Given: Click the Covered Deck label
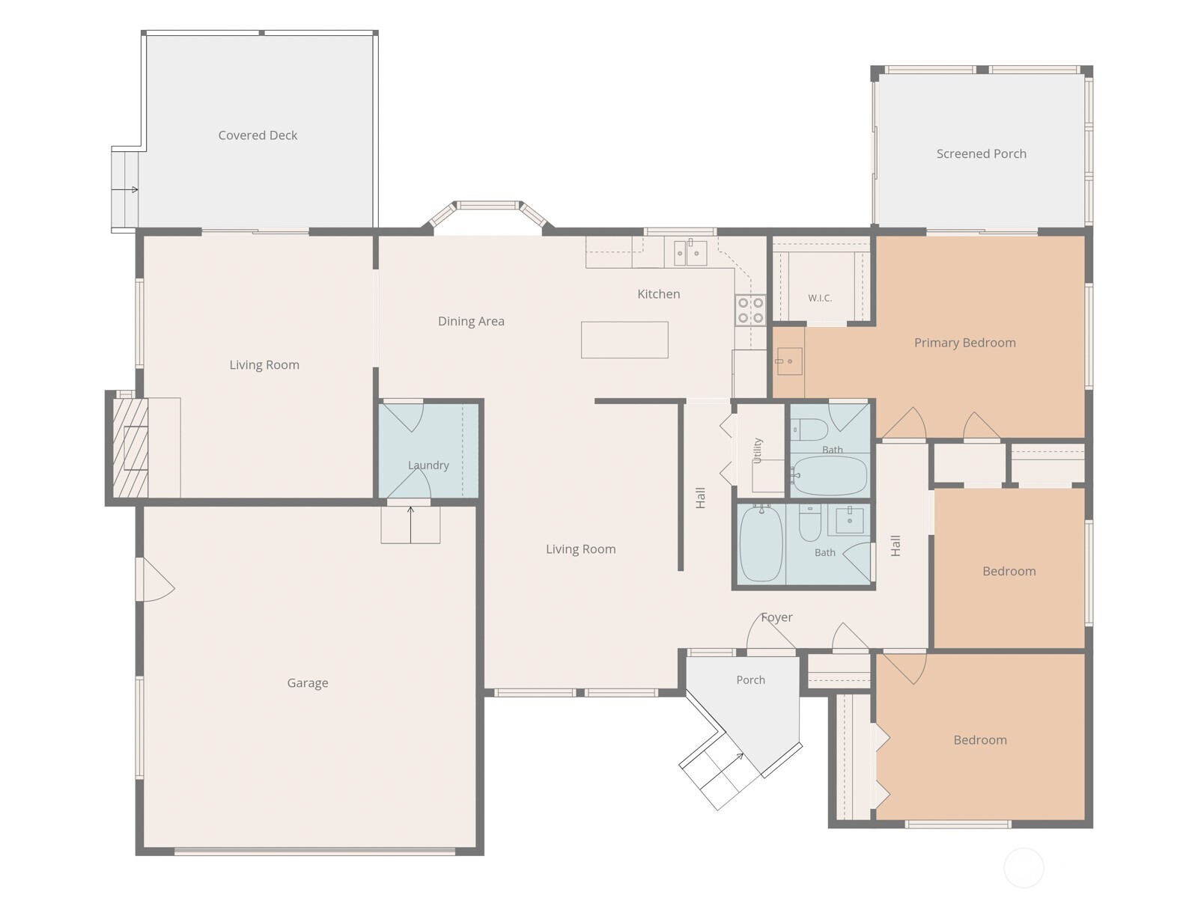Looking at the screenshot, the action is pyautogui.click(x=258, y=135).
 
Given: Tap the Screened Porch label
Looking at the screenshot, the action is pyautogui.click(x=982, y=153).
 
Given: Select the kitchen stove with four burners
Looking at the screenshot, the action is pyautogui.click(x=750, y=311).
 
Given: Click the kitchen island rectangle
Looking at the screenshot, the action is pyautogui.click(x=624, y=340).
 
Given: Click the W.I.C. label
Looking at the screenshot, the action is pyautogui.click(x=820, y=298).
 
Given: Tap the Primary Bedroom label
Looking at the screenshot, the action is pyautogui.click(x=965, y=343).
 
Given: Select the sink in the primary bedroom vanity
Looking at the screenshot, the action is pyautogui.click(x=788, y=361).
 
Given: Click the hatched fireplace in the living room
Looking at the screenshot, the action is pyautogui.click(x=130, y=448).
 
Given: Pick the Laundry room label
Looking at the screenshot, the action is pyautogui.click(x=428, y=465).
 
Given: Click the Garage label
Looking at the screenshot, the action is pyautogui.click(x=308, y=683).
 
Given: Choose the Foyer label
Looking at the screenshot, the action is pyautogui.click(x=776, y=617).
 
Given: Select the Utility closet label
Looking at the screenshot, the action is pyautogui.click(x=757, y=450).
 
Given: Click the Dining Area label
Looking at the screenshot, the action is pyautogui.click(x=471, y=321).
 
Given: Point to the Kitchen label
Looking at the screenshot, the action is pyautogui.click(x=659, y=294).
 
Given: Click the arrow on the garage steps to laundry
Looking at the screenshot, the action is pyautogui.click(x=410, y=525).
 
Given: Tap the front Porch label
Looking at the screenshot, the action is pyautogui.click(x=750, y=680).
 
